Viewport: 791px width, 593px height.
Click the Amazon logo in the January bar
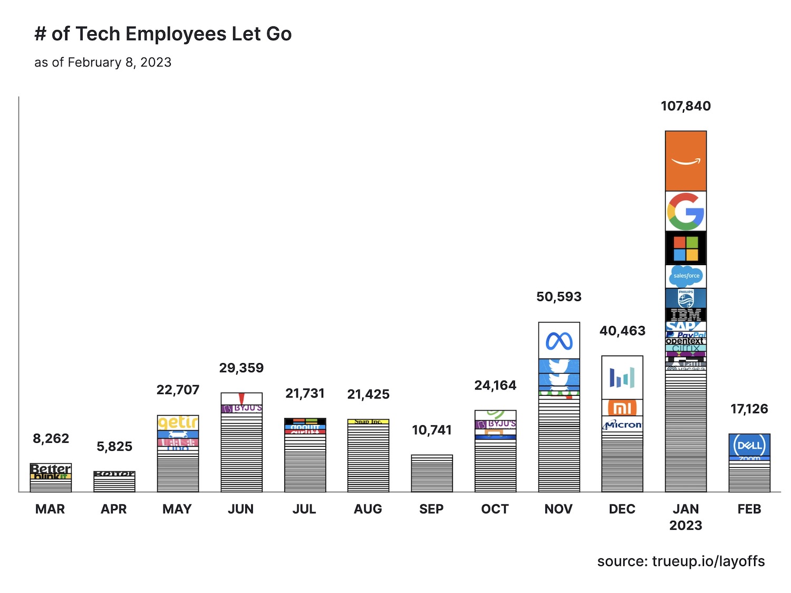pos(686,161)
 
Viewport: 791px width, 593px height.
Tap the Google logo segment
pos(686,211)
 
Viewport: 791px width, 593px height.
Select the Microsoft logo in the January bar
pos(686,248)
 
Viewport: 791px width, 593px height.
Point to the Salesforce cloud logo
pos(686,276)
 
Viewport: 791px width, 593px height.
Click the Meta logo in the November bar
pos(559,341)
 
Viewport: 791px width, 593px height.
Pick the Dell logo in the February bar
pos(749,445)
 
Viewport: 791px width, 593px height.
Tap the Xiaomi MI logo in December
pos(622,408)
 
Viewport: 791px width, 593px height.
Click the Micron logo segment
pos(623,424)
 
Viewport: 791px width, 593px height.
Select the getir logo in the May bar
pos(178,422)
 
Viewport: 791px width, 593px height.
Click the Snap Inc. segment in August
pos(368,422)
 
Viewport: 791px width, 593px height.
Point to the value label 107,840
pos(686,106)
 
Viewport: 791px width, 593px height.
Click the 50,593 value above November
pos(559,297)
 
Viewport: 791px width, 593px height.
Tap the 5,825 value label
pos(114,446)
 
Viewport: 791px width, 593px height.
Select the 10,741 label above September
pos(432,430)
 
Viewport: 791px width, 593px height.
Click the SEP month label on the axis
pos(431,509)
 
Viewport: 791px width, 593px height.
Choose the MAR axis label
pos(50,509)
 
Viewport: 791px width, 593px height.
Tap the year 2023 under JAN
pos(686,526)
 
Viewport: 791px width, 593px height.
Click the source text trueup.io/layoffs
pos(708,561)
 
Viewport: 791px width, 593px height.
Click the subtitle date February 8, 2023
pos(119,62)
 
